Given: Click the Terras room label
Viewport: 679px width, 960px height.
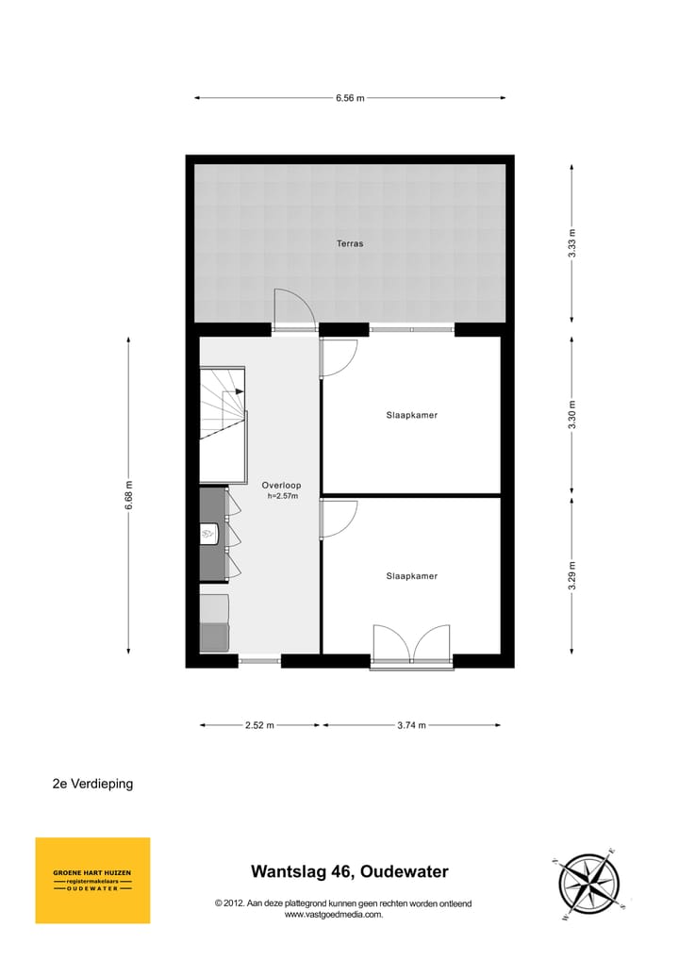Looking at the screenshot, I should tap(350, 243).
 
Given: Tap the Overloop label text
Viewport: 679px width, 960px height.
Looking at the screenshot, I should tap(280, 486).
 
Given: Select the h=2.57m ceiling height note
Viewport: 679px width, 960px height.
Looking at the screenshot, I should tap(282, 496).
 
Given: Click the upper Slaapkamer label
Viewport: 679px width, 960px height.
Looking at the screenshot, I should tap(411, 415).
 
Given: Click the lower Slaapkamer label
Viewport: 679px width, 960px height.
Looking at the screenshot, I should tap(411, 575).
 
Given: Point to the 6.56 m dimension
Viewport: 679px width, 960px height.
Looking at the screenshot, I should tap(350, 97).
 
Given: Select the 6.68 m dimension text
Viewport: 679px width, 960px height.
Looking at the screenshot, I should tap(129, 495).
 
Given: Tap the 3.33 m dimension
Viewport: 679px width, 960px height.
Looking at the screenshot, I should tap(571, 243).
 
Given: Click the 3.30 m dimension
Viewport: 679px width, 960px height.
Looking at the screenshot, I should tap(571, 415).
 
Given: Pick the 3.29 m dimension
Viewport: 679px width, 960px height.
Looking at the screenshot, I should tap(571, 575).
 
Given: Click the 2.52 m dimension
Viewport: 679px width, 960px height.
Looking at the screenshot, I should tap(259, 725).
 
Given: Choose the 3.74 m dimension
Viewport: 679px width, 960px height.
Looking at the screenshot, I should tap(411, 725).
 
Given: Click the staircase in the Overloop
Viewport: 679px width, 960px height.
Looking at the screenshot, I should tap(223, 404).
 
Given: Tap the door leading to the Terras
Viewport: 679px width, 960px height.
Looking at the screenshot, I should tap(293, 309).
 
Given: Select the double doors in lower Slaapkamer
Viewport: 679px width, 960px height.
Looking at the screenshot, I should tap(411, 645).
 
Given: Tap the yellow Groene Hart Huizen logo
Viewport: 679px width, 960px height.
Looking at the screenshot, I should tap(92, 880).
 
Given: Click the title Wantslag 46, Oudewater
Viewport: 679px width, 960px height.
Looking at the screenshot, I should tap(349, 872).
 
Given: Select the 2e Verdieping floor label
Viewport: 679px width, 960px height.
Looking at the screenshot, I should tap(92, 784).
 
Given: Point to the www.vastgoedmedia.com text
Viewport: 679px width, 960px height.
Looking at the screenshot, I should tap(334, 914).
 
